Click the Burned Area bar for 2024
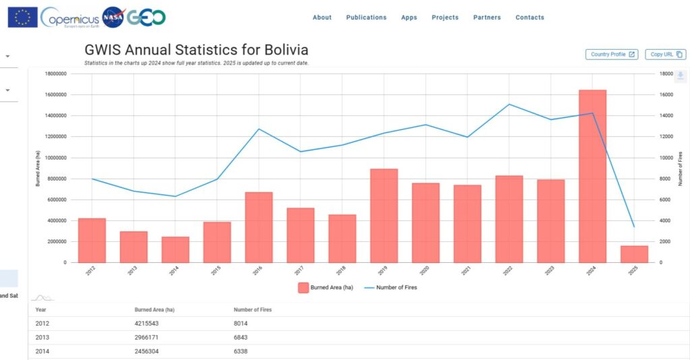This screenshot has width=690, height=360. click(x=592, y=176)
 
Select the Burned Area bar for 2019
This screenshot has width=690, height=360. click(x=384, y=215)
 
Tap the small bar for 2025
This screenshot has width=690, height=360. click(x=634, y=254)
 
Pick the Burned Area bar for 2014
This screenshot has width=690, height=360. click(x=175, y=249)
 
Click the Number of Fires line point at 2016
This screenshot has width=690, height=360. click(x=259, y=129)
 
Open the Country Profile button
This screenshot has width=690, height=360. click(x=612, y=55)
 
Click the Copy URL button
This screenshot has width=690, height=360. click(x=665, y=55)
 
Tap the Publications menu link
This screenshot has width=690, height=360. click(x=366, y=18)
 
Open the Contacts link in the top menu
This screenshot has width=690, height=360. click(x=530, y=18)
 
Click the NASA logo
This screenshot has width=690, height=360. click(x=113, y=18)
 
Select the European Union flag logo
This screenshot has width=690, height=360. click(x=22, y=18)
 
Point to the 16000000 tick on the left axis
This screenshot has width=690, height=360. click(x=57, y=94)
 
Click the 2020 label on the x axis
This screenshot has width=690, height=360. click(x=425, y=270)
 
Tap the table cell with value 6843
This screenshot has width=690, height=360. click(x=243, y=338)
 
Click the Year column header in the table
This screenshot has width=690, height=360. click(x=40, y=309)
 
